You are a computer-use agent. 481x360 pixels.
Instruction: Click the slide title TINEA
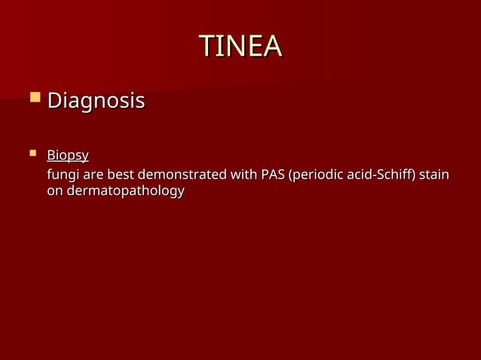[240, 47]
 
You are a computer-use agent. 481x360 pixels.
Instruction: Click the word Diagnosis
[96, 100]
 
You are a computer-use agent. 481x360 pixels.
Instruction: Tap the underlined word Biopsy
[68, 156]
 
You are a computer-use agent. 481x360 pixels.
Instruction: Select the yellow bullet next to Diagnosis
[34, 97]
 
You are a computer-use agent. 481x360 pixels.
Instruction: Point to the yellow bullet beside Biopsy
[32, 154]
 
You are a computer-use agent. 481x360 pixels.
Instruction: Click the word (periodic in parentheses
[318, 175]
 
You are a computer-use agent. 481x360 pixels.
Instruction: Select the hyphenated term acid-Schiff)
[383, 175]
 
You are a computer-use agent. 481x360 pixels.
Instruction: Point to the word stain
[434, 175]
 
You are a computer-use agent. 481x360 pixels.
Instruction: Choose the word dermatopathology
[125, 191]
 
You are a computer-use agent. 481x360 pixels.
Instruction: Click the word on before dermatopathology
[55, 191]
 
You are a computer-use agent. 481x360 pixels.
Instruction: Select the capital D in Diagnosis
[55, 100]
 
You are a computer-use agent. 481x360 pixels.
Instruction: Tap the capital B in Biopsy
[51, 156]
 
